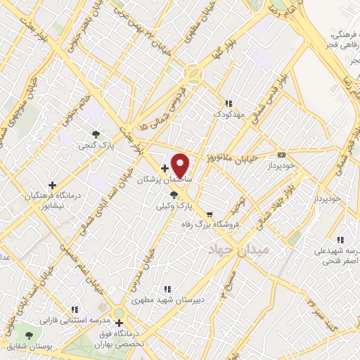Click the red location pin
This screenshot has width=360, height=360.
[x=181, y=165]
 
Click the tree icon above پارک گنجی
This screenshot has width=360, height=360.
[x=96, y=134]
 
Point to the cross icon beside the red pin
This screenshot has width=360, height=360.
[x=165, y=168]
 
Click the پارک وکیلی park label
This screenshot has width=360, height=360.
[x=174, y=206]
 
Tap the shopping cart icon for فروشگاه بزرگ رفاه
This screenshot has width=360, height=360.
[x=210, y=214]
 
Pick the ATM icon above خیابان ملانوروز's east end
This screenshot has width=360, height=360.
[x=282, y=155]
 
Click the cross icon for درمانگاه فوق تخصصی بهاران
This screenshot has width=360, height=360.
[x=120, y=323]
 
